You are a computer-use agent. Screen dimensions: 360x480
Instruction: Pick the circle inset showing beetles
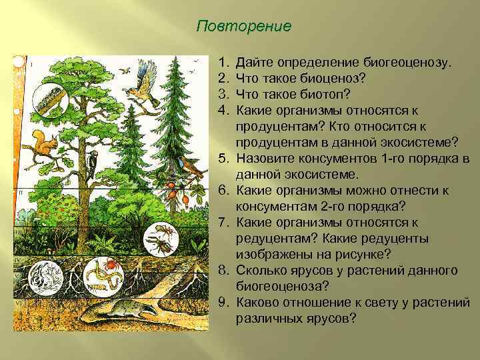tap(160, 239)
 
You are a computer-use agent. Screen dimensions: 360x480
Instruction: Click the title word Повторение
tap(245, 27)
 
